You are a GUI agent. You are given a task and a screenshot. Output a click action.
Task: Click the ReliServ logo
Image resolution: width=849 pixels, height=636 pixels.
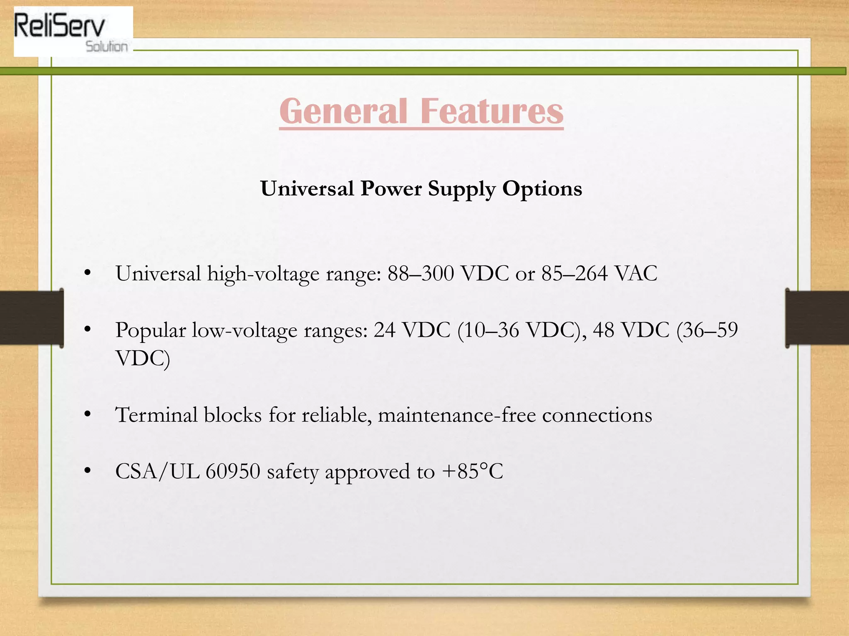[x=73, y=31]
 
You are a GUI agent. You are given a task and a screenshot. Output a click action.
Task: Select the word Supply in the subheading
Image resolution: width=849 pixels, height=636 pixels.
[x=461, y=189]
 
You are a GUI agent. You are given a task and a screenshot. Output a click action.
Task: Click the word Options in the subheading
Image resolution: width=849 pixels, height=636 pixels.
[x=542, y=189]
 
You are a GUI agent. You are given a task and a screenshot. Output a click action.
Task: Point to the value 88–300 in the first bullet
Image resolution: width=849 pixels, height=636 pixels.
[x=420, y=273]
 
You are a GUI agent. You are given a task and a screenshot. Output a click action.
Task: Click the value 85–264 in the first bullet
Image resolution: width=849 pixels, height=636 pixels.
[x=575, y=273]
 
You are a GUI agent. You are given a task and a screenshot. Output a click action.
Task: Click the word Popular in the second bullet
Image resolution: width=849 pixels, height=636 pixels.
[x=150, y=331]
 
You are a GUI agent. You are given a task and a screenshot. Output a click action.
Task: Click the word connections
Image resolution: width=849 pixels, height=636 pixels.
[x=597, y=415]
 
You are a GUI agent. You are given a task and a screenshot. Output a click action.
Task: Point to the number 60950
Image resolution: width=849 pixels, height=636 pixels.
[x=233, y=472]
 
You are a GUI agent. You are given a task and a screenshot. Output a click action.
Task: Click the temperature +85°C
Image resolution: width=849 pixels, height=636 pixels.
[x=473, y=472]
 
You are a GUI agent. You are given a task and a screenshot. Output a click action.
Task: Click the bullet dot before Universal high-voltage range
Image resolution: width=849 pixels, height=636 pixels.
[x=87, y=273]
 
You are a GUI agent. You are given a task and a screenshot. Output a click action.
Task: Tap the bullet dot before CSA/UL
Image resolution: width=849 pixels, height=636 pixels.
[x=87, y=471]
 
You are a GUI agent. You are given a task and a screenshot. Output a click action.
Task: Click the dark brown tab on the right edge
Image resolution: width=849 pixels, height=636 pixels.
[x=817, y=318]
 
